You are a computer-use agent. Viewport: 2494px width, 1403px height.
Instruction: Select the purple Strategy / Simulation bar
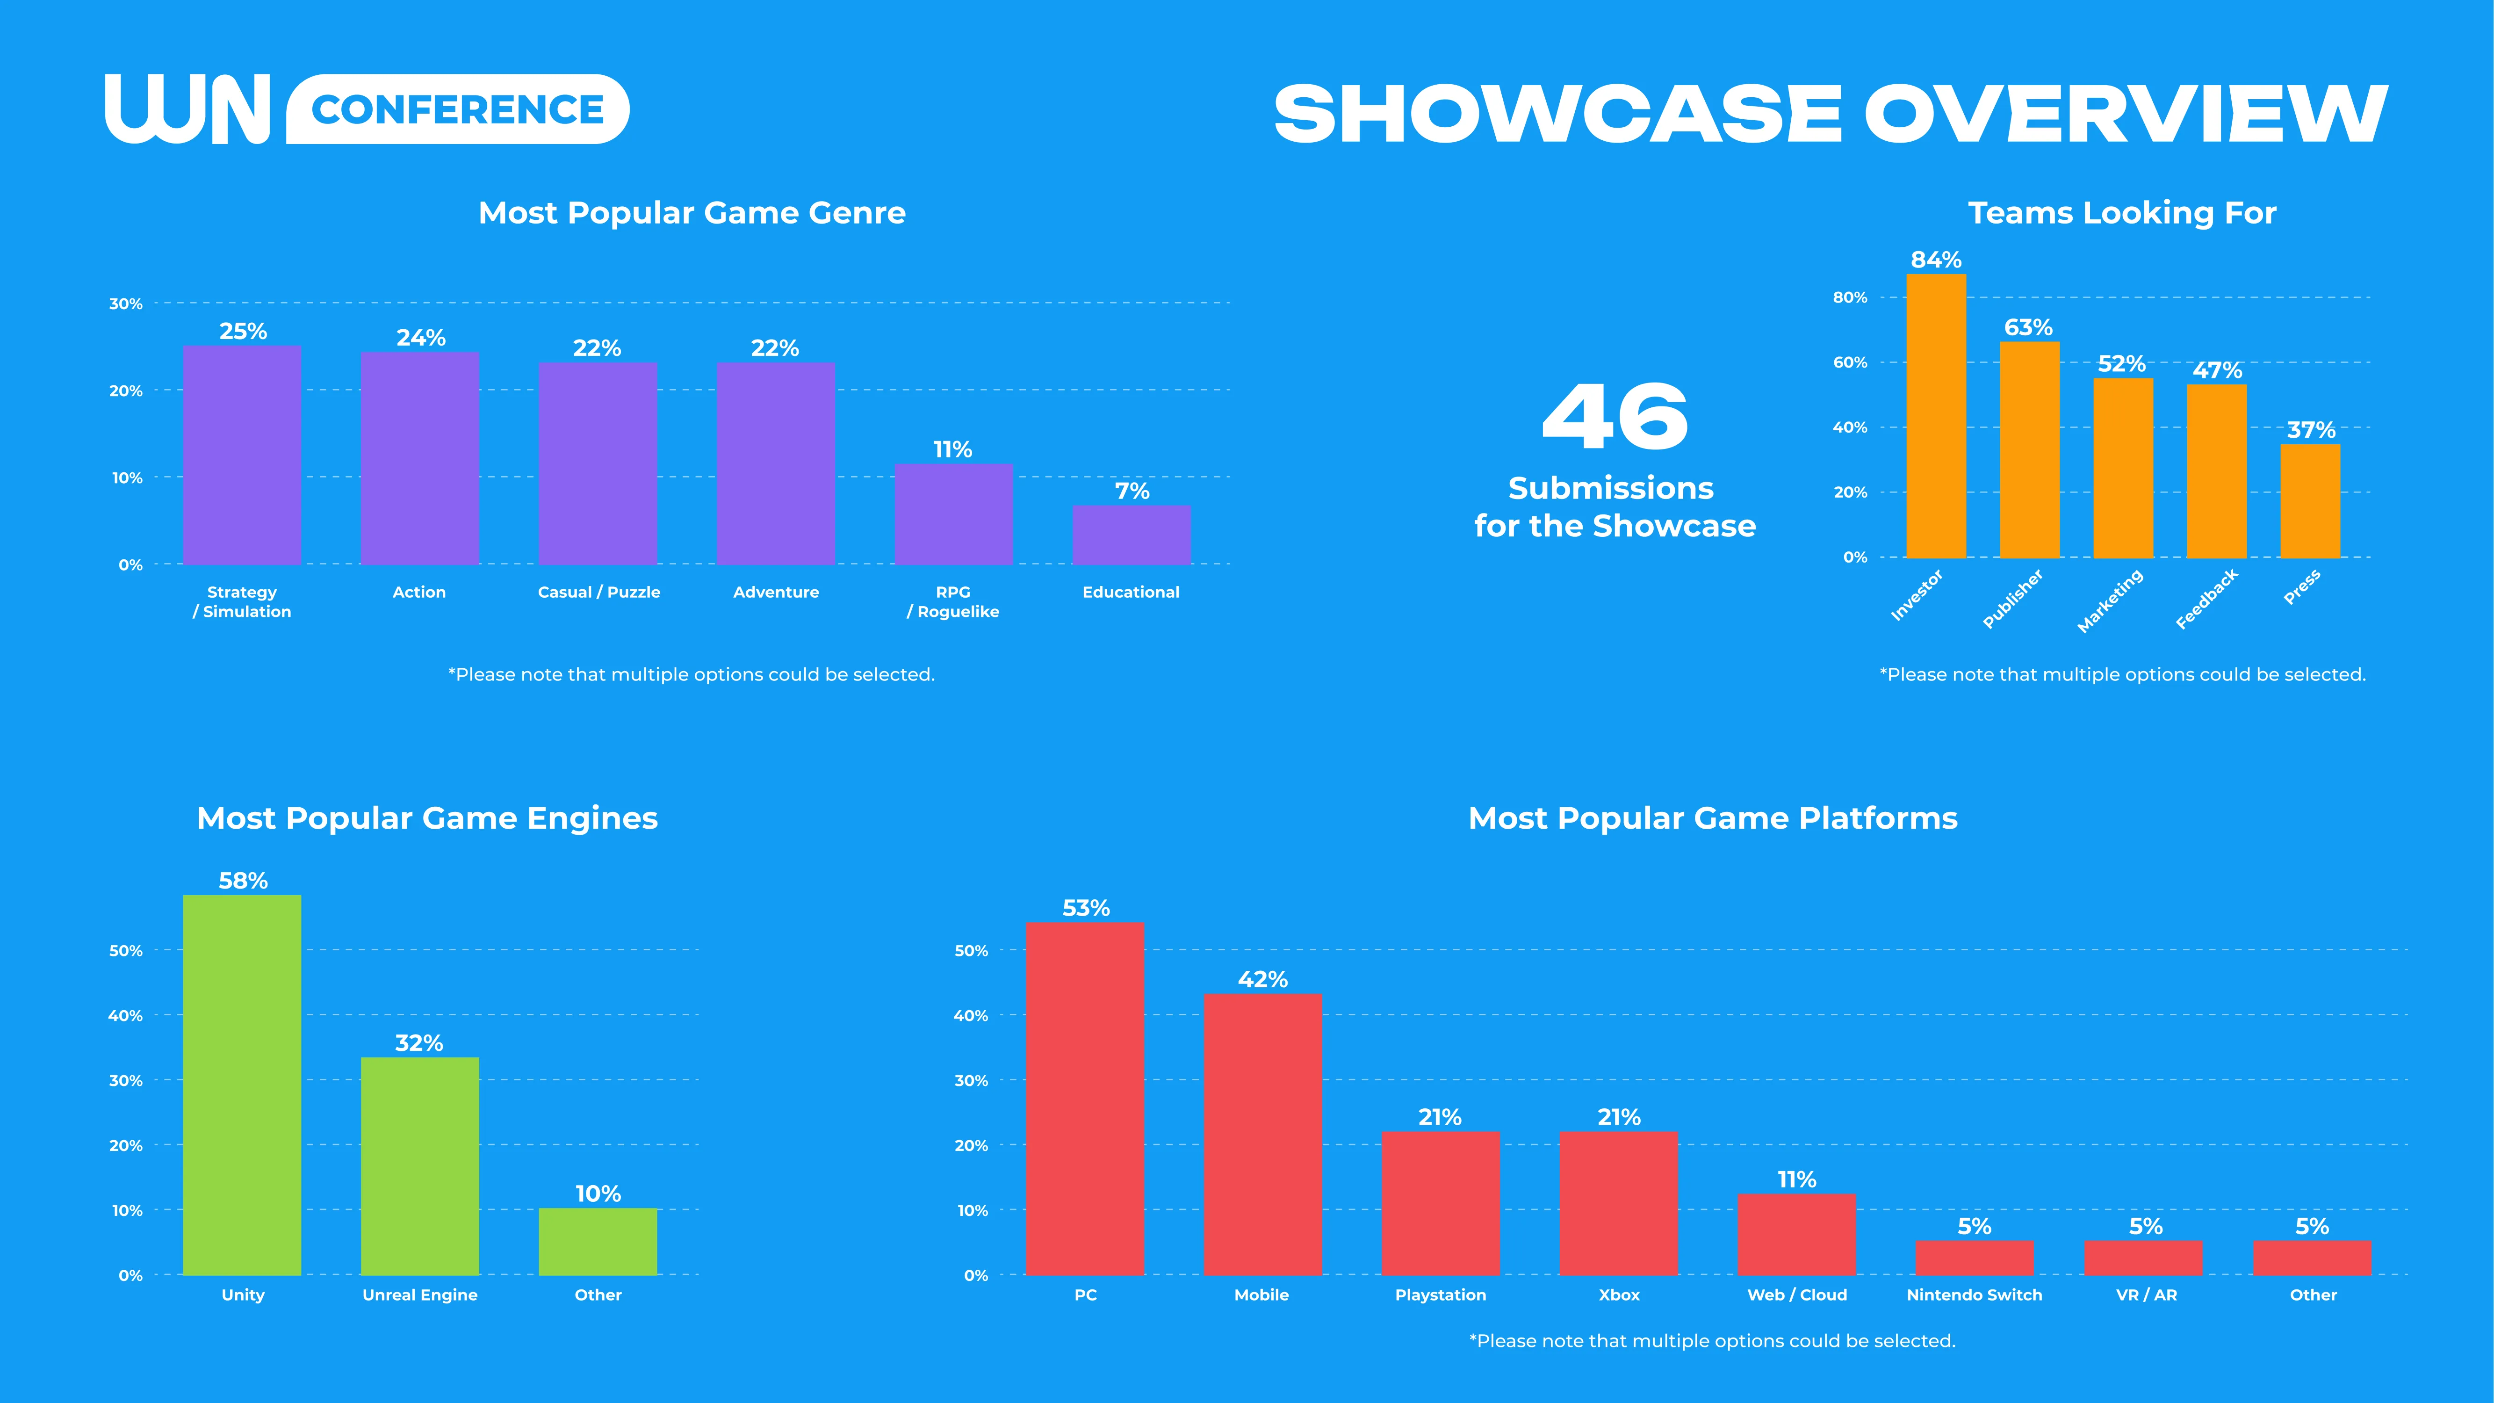[x=242, y=455]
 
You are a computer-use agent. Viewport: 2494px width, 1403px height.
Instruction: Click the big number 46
[x=1614, y=416]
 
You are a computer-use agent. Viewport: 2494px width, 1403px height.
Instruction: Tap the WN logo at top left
[x=187, y=109]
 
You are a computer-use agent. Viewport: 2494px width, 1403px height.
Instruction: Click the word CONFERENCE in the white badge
[x=458, y=109]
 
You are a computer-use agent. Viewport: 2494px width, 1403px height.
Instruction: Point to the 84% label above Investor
[x=1935, y=260]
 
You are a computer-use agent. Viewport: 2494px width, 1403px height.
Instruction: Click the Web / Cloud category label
[x=1797, y=1295]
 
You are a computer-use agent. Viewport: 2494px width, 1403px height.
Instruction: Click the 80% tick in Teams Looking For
[x=1849, y=297]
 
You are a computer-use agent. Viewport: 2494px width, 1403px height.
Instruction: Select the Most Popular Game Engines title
[x=427, y=818]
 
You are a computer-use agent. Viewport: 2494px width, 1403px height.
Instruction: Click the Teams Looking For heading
[x=2121, y=213]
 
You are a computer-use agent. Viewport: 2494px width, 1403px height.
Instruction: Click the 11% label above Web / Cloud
[x=1797, y=1179]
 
